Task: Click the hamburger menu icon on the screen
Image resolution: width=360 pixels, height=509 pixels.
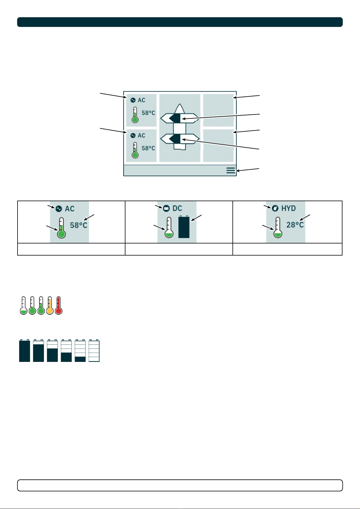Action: pyautogui.click(x=231, y=171)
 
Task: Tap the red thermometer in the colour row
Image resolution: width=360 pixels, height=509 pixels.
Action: pyautogui.click(x=59, y=306)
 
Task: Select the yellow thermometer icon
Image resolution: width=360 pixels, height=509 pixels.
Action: pyautogui.click(x=50, y=306)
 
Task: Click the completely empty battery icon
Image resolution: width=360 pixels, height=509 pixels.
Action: pyautogui.click(x=94, y=351)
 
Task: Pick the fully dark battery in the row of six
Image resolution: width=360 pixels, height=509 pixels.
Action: pyautogui.click(x=24, y=351)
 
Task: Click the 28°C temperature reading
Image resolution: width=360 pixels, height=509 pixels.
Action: pyautogui.click(x=295, y=225)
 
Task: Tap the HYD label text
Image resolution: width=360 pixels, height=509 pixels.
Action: pyautogui.click(x=288, y=208)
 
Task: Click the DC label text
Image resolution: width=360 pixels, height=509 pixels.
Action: pyautogui.click(x=177, y=208)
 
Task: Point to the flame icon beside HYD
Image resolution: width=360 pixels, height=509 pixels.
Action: pyautogui.click(x=275, y=209)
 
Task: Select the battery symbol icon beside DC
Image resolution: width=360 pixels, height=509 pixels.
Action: pyautogui.click(x=166, y=209)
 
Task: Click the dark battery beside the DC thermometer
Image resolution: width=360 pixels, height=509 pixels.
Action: pyautogui.click(x=184, y=227)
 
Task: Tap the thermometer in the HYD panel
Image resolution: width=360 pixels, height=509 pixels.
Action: pyautogui.click(x=278, y=228)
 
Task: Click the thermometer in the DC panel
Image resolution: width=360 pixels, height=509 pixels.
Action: pyautogui.click(x=169, y=228)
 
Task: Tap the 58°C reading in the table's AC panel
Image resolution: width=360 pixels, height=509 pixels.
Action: pyautogui.click(x=79, y=225)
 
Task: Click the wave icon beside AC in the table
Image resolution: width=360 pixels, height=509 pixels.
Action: pyautogui.click(x=59, y=209)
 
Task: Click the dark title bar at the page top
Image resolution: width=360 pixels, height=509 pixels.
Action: pyautogui.click(x=180, y=22)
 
